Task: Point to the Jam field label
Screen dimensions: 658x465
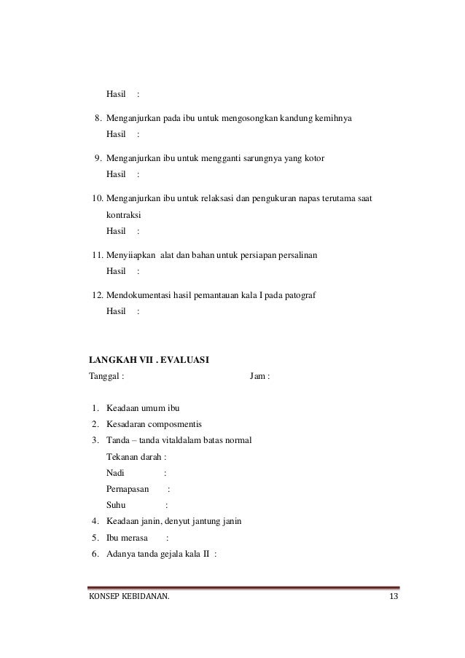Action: (258, 377)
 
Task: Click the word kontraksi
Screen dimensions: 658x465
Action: (125, 216)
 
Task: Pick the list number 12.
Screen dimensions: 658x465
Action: (94, 295)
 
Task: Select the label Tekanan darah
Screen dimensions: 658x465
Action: (134, 457)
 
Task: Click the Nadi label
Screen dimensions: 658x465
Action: (115, 473)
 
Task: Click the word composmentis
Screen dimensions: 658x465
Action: (179, 425)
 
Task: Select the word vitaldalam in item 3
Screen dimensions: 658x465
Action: (189, 441)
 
